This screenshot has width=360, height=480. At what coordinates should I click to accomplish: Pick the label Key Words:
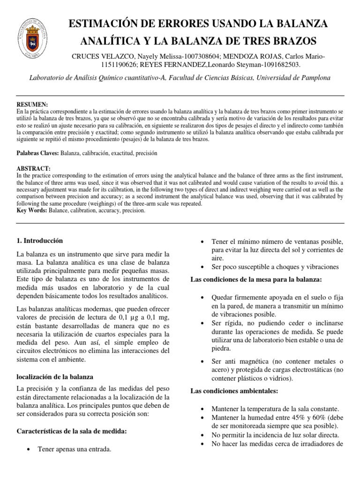tap(30, 211)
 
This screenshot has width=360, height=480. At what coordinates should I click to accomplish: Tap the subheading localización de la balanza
tap(55, 376)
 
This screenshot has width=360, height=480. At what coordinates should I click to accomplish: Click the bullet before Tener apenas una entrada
tap(30, 450)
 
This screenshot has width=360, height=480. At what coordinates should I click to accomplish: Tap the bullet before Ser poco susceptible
tap(201, 267)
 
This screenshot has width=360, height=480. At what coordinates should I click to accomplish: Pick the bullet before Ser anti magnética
tap(201, 361)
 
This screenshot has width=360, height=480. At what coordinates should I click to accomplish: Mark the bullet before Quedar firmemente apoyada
tap(201, 298)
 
